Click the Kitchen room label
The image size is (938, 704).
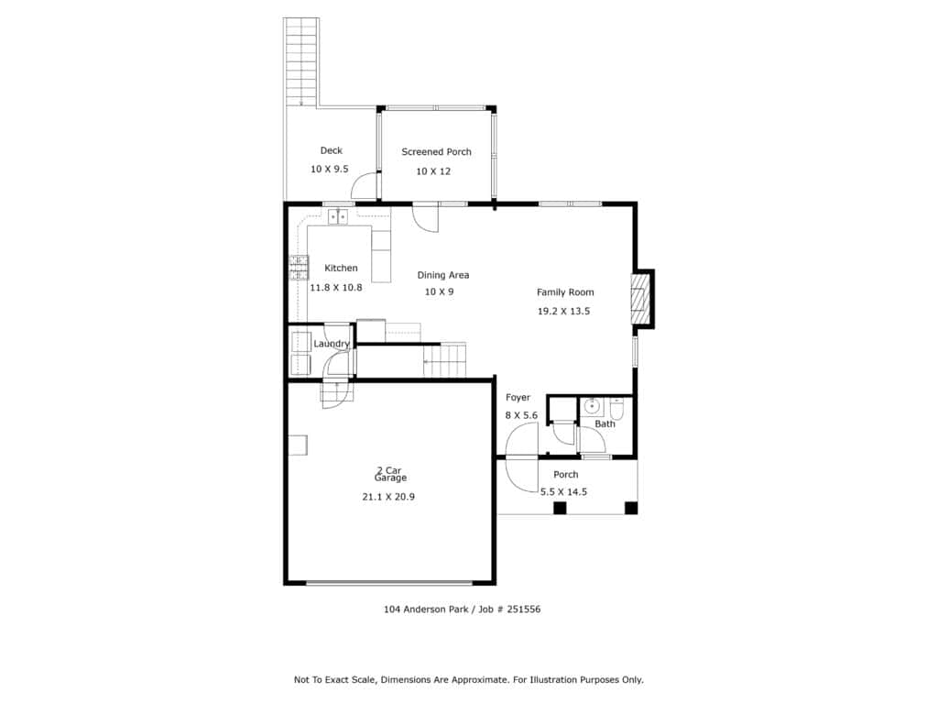341,269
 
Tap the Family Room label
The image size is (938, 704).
565,292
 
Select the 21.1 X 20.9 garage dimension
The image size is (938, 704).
388,496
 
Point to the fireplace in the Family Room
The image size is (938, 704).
641,299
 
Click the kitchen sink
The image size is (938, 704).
338,216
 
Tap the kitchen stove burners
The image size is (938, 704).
300,268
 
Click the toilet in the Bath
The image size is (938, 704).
616,408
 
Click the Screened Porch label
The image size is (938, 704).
436,152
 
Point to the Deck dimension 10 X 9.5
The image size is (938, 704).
329,170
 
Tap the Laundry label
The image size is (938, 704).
332,344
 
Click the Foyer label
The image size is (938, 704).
518,398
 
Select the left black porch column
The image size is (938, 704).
560,508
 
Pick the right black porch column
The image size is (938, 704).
631,508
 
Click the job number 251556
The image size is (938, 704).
523,610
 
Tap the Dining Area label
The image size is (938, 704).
443,275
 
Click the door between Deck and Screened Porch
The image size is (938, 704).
365,185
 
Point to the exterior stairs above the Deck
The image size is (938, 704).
300,61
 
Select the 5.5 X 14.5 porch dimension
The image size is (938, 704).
563,492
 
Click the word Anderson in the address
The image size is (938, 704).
425,610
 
